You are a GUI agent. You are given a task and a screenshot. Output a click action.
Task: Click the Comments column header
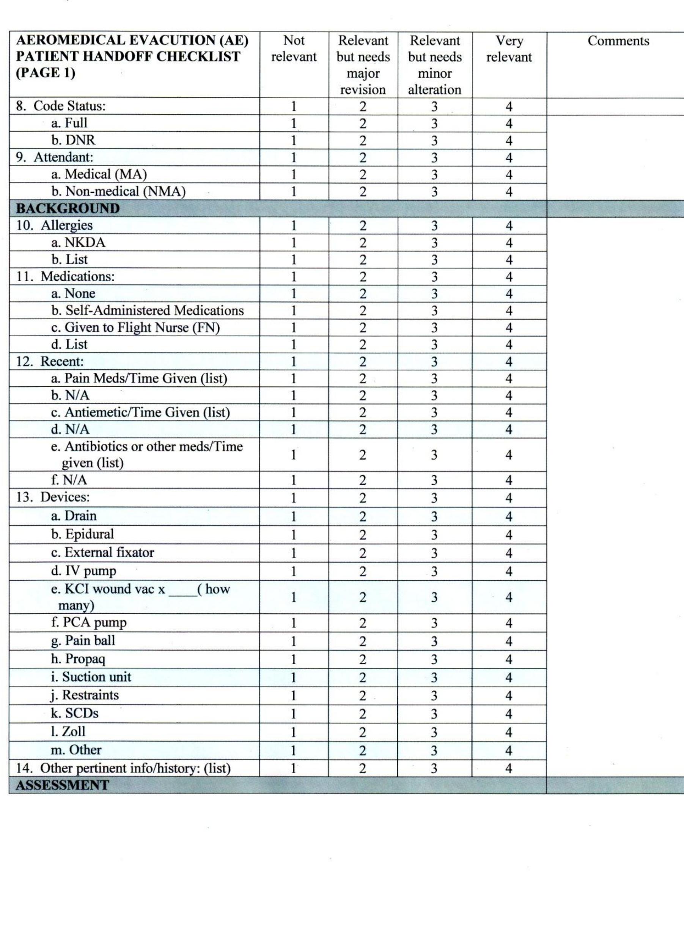click(x=618, y=41)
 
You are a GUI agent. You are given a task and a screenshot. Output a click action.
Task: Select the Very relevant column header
click(x=509, y=49)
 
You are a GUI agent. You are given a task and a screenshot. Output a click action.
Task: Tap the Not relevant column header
click(x=294, y=49)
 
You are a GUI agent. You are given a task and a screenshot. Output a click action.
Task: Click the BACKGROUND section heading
click(x=68, y=208)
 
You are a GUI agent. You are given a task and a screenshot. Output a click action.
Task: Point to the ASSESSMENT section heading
click(x=62, y=785)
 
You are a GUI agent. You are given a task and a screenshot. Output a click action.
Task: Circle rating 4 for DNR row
click(x=509, y=141)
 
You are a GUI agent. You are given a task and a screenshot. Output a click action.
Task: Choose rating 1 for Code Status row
click(x=294, y=107)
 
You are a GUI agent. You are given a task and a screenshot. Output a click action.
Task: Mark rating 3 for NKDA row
click(x=434, y=243)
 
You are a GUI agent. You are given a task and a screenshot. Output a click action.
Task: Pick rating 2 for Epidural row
click(x=363, y=535)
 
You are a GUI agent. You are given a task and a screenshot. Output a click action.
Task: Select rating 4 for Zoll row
click(x=509, y=732)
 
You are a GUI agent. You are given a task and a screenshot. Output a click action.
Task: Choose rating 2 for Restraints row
click(x=363, y=696)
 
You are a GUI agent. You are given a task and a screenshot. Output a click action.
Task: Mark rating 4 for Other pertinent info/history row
click(x=509, y=769)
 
